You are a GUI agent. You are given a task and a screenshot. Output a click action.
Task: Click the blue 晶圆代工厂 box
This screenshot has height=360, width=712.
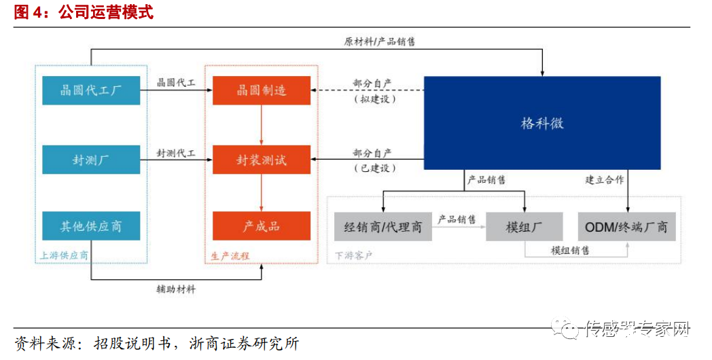91,90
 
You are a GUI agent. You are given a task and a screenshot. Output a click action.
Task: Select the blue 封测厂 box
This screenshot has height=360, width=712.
91,160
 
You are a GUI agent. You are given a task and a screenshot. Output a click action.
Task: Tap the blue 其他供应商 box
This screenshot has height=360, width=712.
91,226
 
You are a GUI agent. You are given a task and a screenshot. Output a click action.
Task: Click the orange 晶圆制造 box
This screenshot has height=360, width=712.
262,90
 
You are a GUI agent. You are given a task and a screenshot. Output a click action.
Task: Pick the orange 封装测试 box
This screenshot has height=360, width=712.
262,160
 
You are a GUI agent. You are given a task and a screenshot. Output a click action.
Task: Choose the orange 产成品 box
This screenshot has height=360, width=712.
262,226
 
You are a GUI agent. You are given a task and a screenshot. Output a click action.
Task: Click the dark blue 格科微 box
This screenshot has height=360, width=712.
542,123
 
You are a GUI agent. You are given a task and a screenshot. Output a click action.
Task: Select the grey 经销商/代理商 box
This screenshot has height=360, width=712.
383,226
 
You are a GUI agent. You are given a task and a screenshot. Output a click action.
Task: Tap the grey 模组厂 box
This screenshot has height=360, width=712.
524,226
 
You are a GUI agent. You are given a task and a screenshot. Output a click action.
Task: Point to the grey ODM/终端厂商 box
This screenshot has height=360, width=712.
626,226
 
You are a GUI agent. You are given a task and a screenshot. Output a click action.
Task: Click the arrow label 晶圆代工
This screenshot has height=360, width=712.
176,83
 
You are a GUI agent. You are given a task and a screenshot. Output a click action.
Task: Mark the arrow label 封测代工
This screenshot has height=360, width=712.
176,154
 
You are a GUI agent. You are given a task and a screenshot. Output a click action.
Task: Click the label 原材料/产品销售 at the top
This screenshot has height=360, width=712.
380,41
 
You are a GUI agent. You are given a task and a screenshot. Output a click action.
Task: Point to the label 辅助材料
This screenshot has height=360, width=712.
176,289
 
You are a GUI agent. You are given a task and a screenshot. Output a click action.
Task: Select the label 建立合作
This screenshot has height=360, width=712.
604,180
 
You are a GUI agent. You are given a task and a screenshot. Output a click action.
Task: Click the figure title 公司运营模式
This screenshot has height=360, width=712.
106,13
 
